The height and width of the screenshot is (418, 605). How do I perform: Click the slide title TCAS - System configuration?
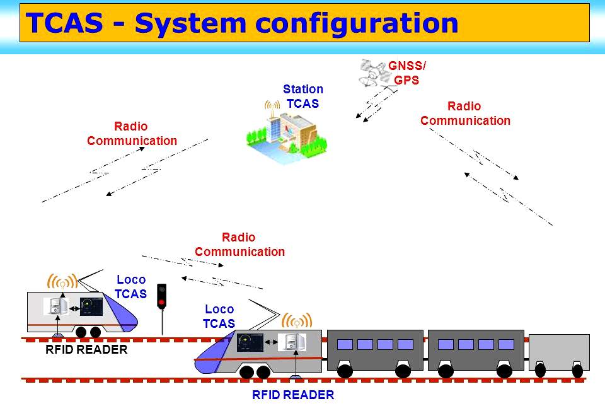(242, 23)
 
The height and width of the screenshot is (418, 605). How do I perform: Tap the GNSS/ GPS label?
(406, 73)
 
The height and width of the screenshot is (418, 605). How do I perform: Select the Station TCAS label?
(303, 96)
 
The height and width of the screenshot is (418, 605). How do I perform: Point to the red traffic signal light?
(161, 302)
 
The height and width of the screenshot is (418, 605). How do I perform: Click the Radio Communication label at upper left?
(132, 134)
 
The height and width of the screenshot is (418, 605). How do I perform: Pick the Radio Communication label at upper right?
(465, 113)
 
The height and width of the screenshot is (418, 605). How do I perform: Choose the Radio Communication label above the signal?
(239, 245)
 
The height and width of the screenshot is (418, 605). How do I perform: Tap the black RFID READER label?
(86, 349)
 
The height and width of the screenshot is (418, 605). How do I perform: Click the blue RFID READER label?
(293, 395)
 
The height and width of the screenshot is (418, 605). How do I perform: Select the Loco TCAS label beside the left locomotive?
(131, 287)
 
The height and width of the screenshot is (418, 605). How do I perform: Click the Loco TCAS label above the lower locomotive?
(219, 316)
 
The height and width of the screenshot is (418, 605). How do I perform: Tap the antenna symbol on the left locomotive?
(62, 282)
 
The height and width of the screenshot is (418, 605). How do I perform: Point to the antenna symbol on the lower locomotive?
(294, 320)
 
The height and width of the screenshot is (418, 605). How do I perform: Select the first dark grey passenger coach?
(375, 350)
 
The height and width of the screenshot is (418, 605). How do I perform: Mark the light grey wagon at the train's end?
(558, 352)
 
